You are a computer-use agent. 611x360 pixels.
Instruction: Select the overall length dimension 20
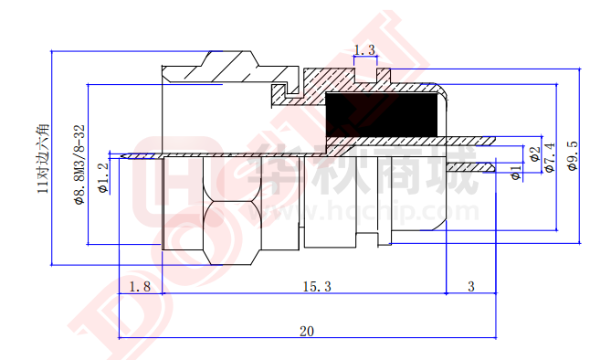[306, 331]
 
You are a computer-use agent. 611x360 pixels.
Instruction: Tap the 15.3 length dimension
[316, 287]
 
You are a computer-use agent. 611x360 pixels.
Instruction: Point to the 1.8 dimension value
[140, 287]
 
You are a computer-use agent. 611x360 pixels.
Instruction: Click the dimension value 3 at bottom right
[470, 287]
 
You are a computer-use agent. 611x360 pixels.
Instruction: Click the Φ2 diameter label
[533, 153]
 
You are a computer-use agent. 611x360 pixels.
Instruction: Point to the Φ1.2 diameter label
[103, 174]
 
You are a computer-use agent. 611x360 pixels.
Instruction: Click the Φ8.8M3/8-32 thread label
[79, 164]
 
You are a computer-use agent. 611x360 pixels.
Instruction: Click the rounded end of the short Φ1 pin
[496, 168]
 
